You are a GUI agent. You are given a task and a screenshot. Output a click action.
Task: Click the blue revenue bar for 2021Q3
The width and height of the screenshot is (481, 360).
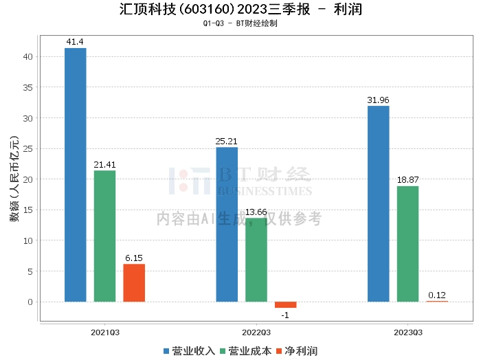pyautogui.click(x=76, y=175)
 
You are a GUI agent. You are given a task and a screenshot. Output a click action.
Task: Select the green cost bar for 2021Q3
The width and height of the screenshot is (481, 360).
pyautogui.click(x=104, y=236)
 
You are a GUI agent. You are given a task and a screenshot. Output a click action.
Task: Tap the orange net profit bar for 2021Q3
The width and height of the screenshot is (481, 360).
pyautogui.click(x=134, y=282)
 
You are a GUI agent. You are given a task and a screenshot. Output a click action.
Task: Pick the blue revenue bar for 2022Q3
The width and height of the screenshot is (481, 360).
pyautogui.click(x=227, y=224)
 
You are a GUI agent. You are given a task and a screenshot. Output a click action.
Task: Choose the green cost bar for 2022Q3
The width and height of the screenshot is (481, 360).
pyautogui.click(x=256, y=260)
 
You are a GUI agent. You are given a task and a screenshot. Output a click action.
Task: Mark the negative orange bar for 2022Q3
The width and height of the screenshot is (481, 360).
pyautogui.click(x=285, y=304)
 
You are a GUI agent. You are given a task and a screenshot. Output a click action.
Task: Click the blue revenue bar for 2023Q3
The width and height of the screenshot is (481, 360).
pyautogui.click(x=379, y=203)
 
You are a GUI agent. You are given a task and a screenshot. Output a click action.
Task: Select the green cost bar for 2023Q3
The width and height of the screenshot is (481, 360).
pyautogui.click(x=407, y=244)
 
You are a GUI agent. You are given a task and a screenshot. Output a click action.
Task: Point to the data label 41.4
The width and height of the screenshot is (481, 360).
pyautogui.click(x=75, y=42)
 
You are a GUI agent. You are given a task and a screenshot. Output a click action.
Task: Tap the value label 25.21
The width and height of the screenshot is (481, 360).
pyautogui.click(x=227, y=142)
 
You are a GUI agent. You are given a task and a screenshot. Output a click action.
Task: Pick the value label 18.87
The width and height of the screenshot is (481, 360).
pyautogui.click(x=407, y=180)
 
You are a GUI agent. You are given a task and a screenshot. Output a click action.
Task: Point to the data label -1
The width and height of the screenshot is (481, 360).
pyautogui.click(x=285, y=314)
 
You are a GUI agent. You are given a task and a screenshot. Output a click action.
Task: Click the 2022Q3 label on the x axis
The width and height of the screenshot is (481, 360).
pyautogui.click(x=256, y=332)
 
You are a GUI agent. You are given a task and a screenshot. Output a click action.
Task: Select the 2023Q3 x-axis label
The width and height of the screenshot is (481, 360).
pyautogui.click(x=407, y=332)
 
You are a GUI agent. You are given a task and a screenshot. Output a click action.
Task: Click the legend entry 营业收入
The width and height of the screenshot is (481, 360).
pyautogui.click(x=189, y=351)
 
